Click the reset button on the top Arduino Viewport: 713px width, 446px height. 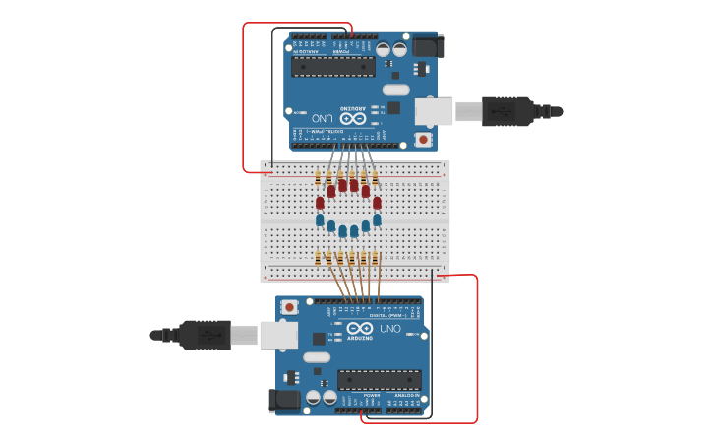tap(423, 140)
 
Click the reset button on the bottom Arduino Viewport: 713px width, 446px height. tap(290, 307)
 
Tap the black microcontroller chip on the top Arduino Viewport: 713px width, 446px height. tap(332, 67)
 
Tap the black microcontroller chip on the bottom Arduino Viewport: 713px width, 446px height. tap(380, 379)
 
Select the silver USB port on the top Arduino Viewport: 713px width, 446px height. tap(434, 111)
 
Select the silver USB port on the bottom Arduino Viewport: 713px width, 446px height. tap(278, 336)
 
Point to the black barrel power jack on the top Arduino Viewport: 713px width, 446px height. tap(428, 46)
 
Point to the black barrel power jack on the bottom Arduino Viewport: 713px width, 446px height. tap(284, 400)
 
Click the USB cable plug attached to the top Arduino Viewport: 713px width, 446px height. tap(506, 111)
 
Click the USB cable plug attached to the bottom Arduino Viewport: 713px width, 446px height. tap(206, 336)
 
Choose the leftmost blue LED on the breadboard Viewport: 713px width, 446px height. tap(320, 220)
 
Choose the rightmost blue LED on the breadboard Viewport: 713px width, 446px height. tap(377, 220)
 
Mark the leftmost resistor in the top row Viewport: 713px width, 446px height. tap(318, 178)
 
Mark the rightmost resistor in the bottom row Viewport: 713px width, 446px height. tap(377, 259)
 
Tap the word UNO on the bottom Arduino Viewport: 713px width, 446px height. tap(390, 328)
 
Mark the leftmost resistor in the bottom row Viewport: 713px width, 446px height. tap(318, 259)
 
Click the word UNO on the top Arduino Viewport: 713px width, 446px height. tap(325, 118)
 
